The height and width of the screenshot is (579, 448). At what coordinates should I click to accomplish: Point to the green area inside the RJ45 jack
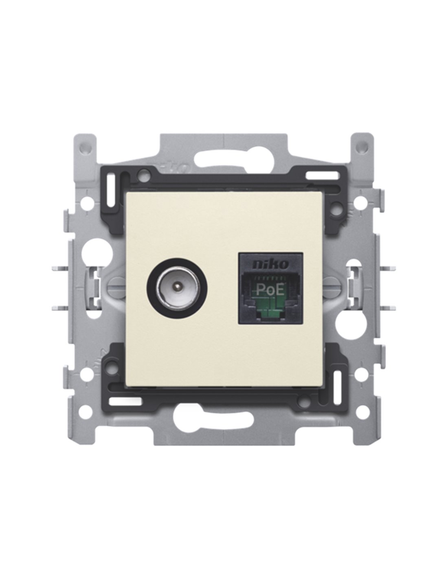click(269, 307)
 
